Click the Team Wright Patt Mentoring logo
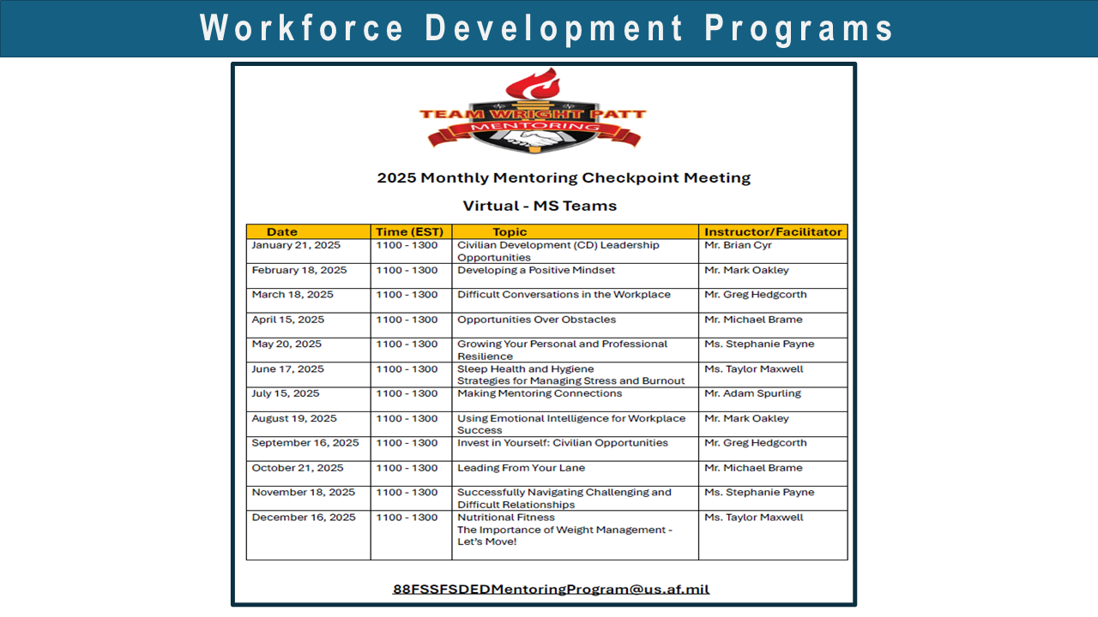click(532, 111)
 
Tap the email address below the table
click(551, 589)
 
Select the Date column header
click(282, 231)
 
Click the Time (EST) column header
click(409, 231)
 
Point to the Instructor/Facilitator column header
click(773, 231)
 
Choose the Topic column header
click(510, 231)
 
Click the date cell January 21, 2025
click(296, 245)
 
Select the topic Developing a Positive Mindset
click(536, 270)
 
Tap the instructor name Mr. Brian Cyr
click(738, 245)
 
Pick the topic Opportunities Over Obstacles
click(536, 320)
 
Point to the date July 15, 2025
click(286, 393)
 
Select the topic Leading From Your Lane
click(521, 468)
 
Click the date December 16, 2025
click(304, 518)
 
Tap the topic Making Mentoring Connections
click(540, 393)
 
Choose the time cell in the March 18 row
click(407, 295)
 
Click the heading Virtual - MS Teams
click(540, 206)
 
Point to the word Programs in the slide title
click(799, 28)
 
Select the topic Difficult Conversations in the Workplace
click(564, 295)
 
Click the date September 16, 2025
click(305, 443)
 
